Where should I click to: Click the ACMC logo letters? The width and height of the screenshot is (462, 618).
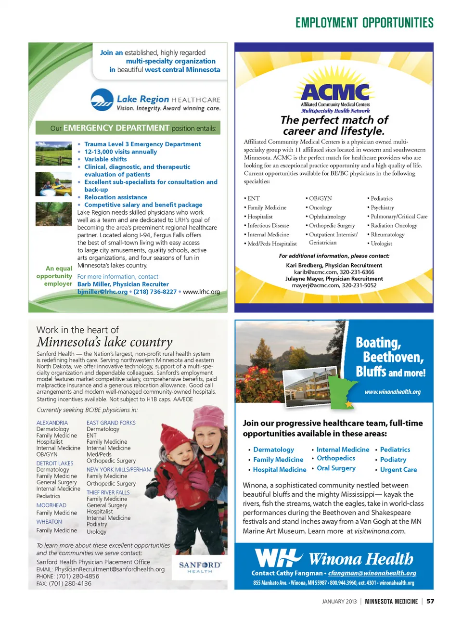click(x=335, y=91)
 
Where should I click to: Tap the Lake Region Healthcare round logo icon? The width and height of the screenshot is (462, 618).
click(x=102, y=100)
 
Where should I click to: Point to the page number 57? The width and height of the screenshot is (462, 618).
click(x=430, y=601)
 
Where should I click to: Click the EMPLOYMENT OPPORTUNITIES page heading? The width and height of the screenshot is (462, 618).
click(x=364, y=23)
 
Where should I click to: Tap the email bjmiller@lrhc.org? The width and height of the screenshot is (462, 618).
click(x=103, y=292)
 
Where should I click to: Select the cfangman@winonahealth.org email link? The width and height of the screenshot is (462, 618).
click(x=372, y=573)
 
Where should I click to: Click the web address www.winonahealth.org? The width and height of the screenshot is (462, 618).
click(x=392, y=392)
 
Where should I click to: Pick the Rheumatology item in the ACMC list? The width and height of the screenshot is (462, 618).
click(x=387, y=234)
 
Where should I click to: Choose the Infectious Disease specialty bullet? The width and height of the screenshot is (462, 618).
click(x=268, y=225)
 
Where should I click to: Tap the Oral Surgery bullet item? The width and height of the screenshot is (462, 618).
click(x=336, y=468)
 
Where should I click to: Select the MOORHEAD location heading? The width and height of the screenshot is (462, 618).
click(x=51, y=505)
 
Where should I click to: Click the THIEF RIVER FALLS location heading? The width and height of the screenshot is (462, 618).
click(x=108, y=492)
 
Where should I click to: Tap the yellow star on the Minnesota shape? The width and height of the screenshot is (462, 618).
click(x=348, y=405)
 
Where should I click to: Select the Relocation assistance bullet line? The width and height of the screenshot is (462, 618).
click(x=115, y=197)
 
